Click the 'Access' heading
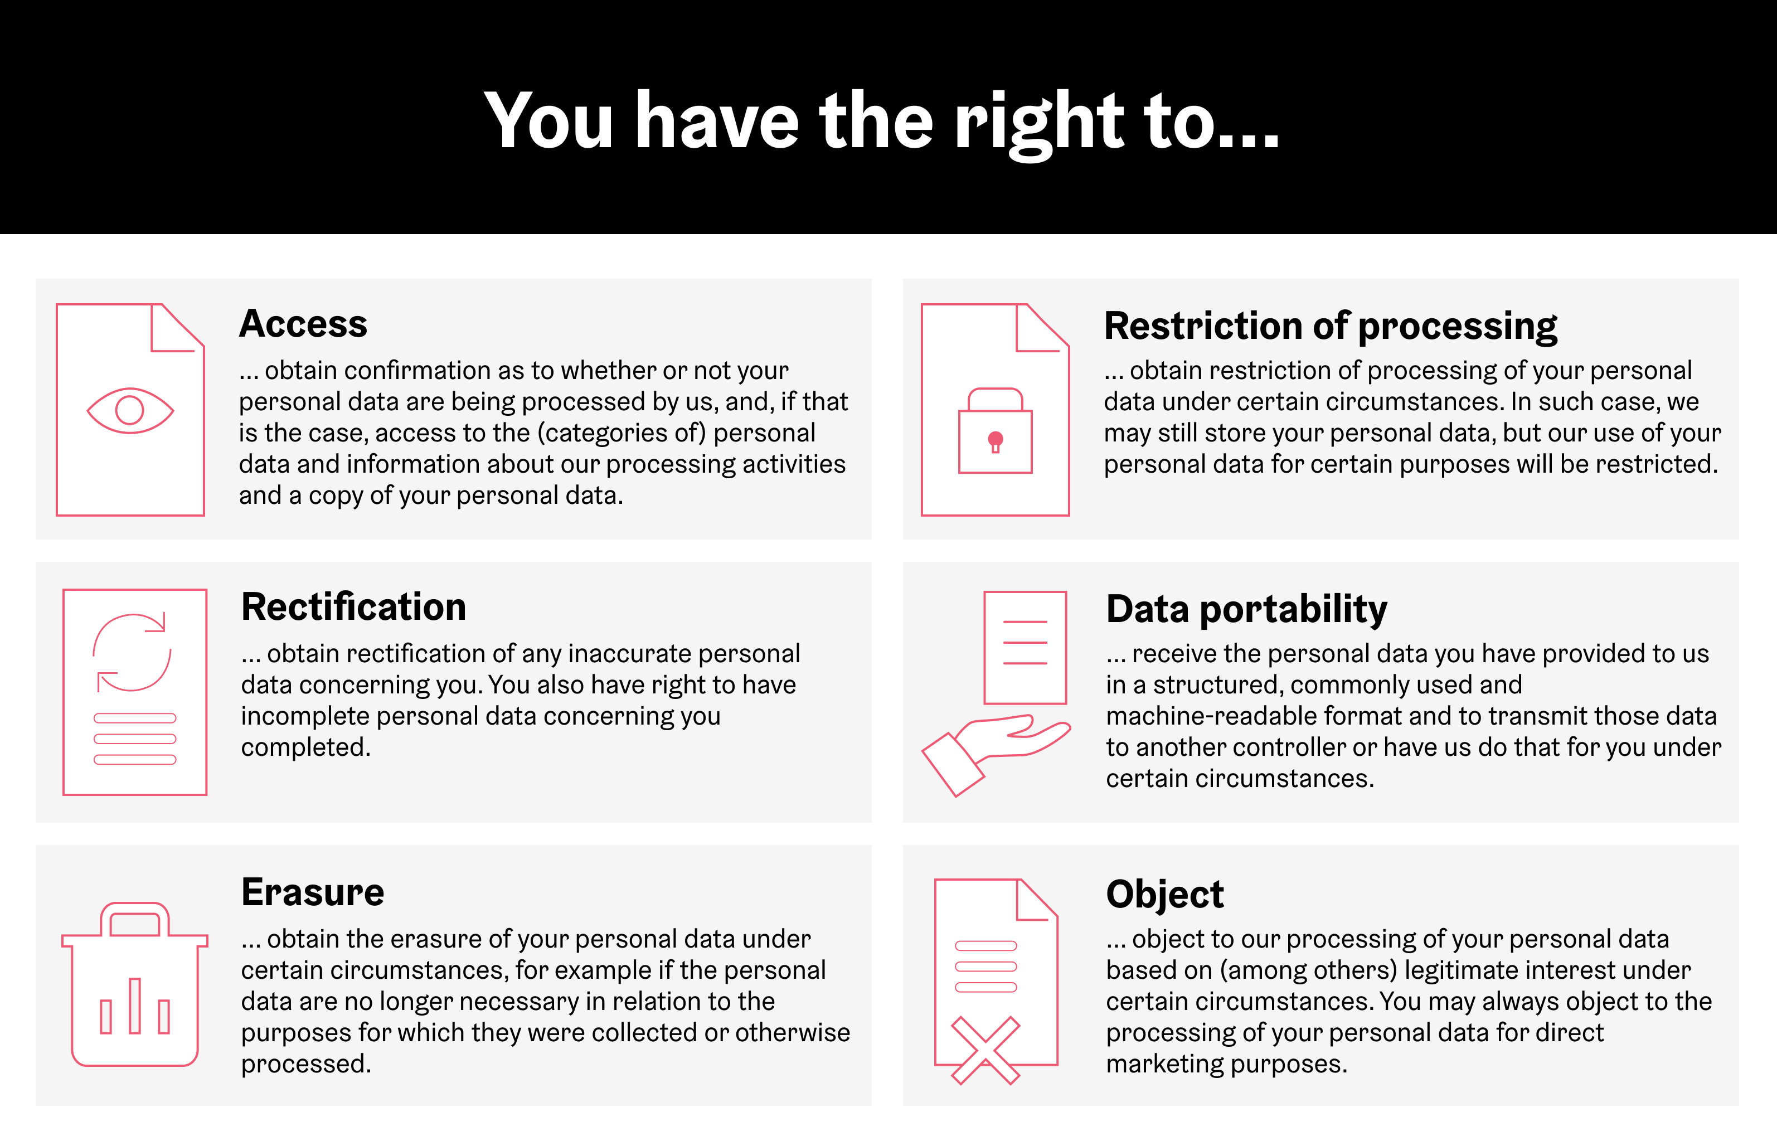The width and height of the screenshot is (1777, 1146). click(303, 324)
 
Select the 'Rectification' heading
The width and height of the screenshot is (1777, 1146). click(353, 607)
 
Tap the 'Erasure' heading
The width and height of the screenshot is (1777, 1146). click(313, 892)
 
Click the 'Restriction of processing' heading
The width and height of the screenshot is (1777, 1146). click(1331, 326)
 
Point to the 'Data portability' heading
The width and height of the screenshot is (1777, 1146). click(1246, 609)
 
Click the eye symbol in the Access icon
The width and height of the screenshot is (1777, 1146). click(130, 410)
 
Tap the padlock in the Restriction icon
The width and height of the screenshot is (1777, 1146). click(995, 431)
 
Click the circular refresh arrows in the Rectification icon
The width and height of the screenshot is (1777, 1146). click(132, 653)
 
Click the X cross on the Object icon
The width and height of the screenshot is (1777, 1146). click(985, 1050)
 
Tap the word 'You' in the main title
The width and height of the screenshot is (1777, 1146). click(548, 122)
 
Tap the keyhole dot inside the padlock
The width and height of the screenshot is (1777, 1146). click(995, 440)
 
